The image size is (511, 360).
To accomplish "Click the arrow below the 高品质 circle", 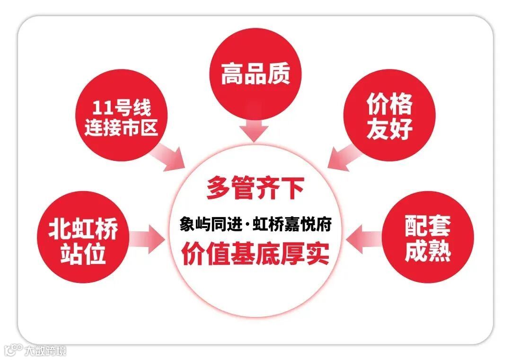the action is (255, 129).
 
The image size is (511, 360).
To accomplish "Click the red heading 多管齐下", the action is (255, 188).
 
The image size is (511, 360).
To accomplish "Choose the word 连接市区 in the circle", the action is (121, 128).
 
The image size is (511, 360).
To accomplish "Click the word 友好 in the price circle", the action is (389, 129).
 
